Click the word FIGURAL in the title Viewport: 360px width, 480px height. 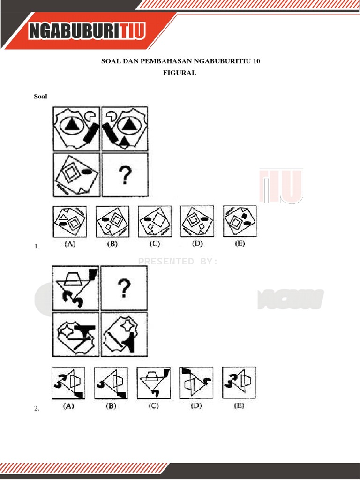180,73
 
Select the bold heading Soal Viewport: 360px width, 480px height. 40,97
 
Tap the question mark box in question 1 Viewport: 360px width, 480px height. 124,175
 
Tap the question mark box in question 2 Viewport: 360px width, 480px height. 124,288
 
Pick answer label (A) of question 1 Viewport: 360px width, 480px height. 69,244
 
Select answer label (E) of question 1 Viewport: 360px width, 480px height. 239,244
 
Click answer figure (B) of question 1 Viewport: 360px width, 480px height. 112,221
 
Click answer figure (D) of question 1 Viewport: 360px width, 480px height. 197,221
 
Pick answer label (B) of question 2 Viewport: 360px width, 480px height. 111,406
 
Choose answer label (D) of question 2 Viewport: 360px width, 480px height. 196,406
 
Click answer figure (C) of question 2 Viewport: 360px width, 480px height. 153,382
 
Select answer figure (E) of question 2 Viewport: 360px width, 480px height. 239,382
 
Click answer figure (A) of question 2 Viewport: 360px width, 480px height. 69,382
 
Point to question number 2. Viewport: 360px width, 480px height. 37,409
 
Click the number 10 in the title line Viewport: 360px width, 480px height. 255,61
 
